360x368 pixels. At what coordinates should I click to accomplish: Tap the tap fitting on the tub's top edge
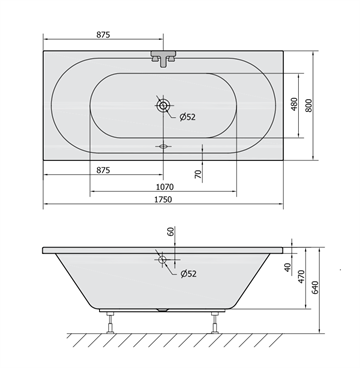pyautogui.click(x=163, y=58)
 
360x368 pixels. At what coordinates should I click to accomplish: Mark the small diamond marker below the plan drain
pyautogui.click(x=163, y=145)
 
